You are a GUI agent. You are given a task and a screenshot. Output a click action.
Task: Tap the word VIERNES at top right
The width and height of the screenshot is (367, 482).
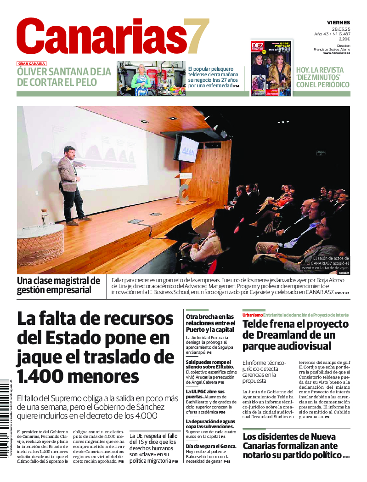pos(338,23)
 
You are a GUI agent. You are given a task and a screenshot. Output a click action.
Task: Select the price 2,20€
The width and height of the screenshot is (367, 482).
pos(344,39)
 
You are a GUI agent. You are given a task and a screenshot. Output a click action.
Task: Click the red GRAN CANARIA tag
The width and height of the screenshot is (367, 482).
pos(32,64)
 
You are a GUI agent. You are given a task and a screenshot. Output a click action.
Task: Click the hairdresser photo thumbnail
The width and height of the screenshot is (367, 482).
pos(151,79)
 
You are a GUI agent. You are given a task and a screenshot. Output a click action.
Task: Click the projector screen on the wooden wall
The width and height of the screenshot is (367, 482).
pos(186,148)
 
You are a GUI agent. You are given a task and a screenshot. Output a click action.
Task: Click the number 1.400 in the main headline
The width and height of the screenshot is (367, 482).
pos(41,376)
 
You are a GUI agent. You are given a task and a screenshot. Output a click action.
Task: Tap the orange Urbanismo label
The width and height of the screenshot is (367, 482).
pos(252,315)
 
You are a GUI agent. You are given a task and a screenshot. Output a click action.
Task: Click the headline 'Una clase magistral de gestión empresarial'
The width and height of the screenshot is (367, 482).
pos(58,285)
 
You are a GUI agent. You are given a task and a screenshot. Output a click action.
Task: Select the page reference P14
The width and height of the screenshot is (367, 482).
pos(236,86)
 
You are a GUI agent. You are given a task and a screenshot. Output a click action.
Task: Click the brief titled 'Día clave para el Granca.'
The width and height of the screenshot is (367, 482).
pos(211,446)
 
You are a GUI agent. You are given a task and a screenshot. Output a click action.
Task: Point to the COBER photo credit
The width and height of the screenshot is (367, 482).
pos(344,273)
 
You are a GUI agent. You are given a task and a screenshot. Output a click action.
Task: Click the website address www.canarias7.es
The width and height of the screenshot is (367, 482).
pos(336,53)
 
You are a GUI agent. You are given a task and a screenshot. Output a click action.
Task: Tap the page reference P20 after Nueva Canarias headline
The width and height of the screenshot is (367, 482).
pos(345,457)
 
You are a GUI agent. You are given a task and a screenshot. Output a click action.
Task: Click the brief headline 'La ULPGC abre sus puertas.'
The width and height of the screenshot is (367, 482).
pos(205,394)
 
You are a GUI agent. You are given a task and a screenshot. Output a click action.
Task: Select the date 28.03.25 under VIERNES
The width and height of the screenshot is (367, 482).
pos(341,28)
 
